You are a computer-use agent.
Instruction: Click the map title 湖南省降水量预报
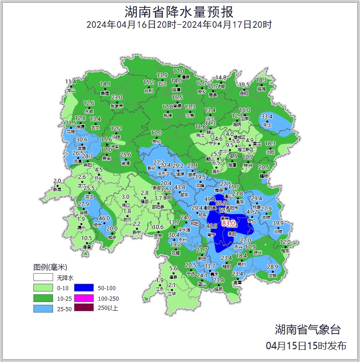(x=179, y=11)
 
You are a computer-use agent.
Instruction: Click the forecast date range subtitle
(x=179, y=25)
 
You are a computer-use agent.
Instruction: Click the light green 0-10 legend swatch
(x=43, y=288)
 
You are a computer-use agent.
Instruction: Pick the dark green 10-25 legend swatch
(x=43, y=298)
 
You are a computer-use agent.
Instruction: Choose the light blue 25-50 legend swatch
(x=43, y=308)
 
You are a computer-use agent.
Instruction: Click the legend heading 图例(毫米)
(x=50, y=267)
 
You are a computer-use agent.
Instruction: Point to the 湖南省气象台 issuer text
(x=307, y=329)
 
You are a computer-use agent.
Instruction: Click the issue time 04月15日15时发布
(x=306, y=346)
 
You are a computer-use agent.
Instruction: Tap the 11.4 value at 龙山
(x=70, y=82)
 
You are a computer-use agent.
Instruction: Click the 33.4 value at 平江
(x=267, y=117)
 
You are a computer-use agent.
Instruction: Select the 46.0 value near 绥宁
(x=104, y=218)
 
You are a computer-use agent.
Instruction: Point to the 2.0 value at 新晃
(x=57, y=181)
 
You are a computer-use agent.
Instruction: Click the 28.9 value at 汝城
(x=273, y=267)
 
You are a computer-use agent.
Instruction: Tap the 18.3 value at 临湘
(x=261, y=80)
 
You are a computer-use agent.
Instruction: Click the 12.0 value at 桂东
(x=285, y=242)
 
